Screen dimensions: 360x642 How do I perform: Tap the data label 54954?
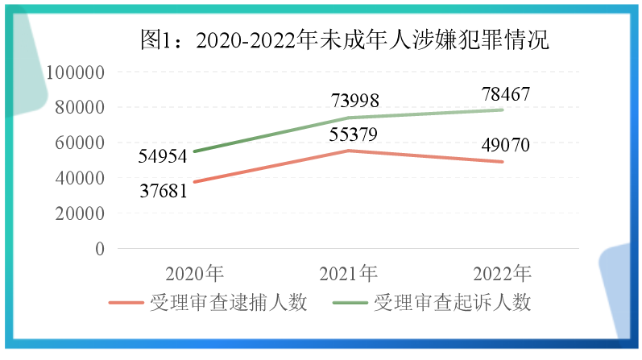tap(161, 156)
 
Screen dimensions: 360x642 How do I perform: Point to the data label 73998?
tap(348, 101)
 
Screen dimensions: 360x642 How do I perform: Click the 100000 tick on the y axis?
tap(77, 72)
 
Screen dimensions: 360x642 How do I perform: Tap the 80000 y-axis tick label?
tap(81, 107)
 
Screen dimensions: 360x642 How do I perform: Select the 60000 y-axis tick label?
tap(81, 143)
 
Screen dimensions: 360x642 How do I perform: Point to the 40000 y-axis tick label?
tap(81, 178)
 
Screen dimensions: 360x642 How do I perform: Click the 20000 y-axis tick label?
tap(81, 213)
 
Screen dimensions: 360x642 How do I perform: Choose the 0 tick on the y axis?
tap(100, 249)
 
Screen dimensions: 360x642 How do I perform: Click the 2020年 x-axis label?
tap(194, 271)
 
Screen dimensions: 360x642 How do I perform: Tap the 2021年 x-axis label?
tap(348, 271)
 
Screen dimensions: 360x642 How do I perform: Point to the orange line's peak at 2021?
tap(348, 151)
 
